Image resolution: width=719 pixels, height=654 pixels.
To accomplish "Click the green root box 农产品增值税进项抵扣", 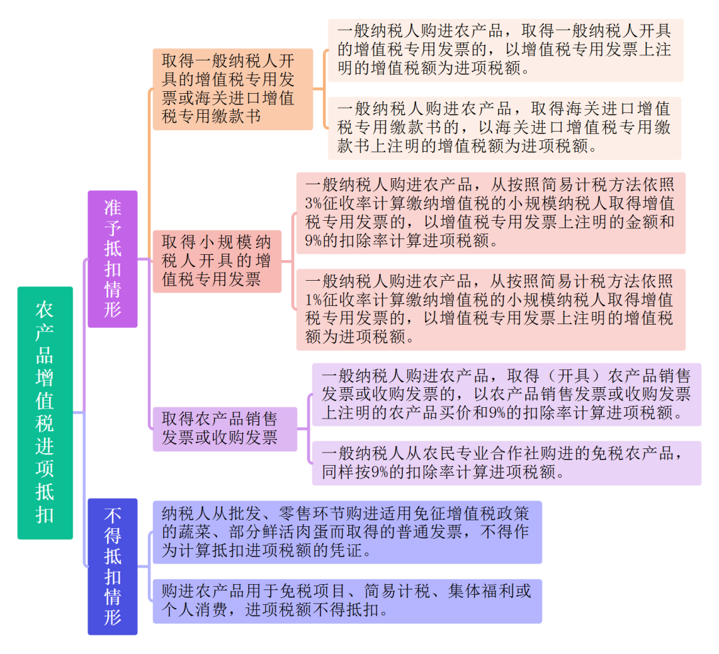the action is tap(45, 412).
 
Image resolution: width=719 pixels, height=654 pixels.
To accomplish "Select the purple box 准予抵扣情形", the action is tap(113, 259).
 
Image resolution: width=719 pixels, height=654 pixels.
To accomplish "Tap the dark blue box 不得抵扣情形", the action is tap(113, 566).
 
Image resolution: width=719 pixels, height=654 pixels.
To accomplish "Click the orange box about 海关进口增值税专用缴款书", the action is tap(233, 89).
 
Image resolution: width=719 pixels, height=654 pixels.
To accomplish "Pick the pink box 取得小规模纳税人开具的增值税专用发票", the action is tap(217, 261).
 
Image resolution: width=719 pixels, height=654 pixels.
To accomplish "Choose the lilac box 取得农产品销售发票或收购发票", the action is tap(225, 429).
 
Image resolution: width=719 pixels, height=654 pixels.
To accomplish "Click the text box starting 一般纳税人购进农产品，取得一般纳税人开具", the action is tap(505, 51).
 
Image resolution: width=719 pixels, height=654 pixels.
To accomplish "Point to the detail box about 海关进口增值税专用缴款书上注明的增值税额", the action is tap(505, 128).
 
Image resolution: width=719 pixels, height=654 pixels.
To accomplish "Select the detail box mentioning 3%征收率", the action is tap(491, 213).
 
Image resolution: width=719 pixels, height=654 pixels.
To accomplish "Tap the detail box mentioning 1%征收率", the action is tap(491, 310).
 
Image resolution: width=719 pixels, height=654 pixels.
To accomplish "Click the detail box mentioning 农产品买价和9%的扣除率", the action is tap(507, 395).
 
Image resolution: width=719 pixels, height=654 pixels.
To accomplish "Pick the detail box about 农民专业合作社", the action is tap(507, 463).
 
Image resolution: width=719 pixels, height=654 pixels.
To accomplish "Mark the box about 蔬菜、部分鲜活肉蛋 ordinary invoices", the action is tap(347, 532).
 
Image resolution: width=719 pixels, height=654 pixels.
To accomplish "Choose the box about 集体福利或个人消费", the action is tap(347, 601).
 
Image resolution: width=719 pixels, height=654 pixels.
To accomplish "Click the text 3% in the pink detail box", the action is tap(314, 204).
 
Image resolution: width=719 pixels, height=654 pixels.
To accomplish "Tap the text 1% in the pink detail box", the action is tap(314, 300).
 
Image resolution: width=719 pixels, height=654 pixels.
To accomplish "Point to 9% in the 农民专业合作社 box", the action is tap(379, 472).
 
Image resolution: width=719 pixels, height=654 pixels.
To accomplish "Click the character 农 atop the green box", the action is tap(45, 310).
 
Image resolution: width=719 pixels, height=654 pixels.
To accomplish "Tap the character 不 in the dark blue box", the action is tap(113, 516).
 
